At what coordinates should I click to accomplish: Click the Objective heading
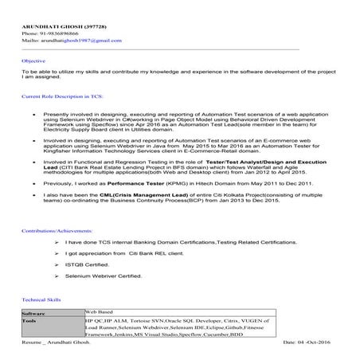(x=33, y=61)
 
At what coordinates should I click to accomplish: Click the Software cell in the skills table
(x=36, y=313)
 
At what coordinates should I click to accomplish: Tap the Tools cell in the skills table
(x=31, y=320)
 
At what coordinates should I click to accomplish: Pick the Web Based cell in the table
(x=102, y=313)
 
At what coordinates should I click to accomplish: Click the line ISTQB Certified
(x=88, y=264)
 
